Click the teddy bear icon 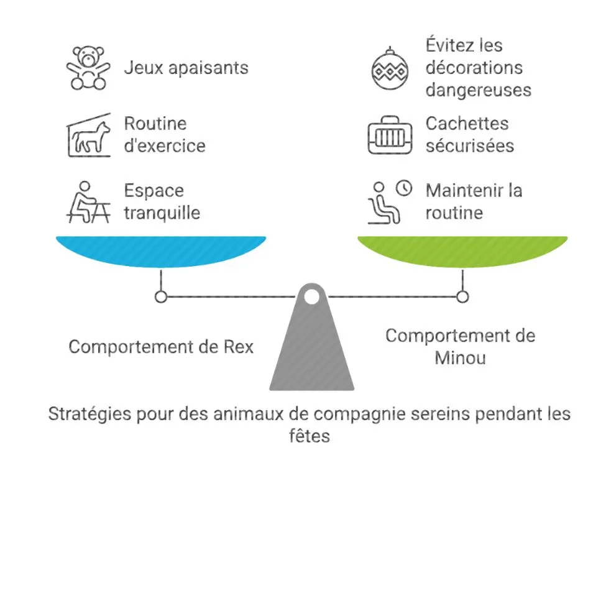[88, 68]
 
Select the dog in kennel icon [88, 135]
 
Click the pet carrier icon [390, 135]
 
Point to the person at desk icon [88, 202]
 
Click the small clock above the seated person [404, 188]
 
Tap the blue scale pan [161, 251]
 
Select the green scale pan [462, 251]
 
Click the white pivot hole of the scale [312, 297]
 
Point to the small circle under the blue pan [161, 297]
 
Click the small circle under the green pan [462, 297]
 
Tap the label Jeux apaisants [186, 68]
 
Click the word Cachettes [467, 124]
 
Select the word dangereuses [479, 91]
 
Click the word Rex [239, 347]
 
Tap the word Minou [461, 358]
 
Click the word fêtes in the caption [310, 436]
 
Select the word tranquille [162, 213]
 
